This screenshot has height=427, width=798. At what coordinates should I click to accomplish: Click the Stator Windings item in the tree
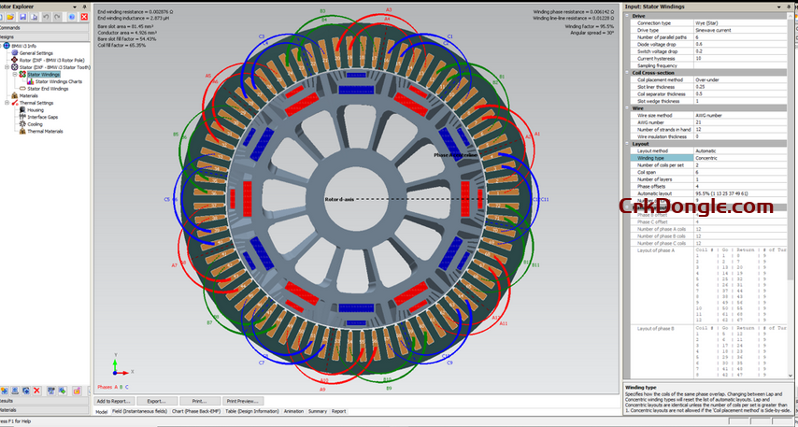(43, 74)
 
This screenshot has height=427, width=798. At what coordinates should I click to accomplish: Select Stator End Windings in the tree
(47, 88)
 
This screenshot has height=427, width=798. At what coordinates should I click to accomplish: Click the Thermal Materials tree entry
(42, 131)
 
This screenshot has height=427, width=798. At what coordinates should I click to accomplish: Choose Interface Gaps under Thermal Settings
(42, 117)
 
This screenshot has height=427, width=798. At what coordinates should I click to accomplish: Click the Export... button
(156, 401)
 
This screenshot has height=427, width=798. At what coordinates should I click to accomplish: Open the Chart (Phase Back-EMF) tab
(182, 411)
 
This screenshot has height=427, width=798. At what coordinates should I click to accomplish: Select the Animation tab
(293, 411)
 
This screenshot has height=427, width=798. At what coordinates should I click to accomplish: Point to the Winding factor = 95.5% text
(589, 26)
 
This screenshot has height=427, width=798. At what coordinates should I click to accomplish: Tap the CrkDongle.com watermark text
(696, 206)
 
